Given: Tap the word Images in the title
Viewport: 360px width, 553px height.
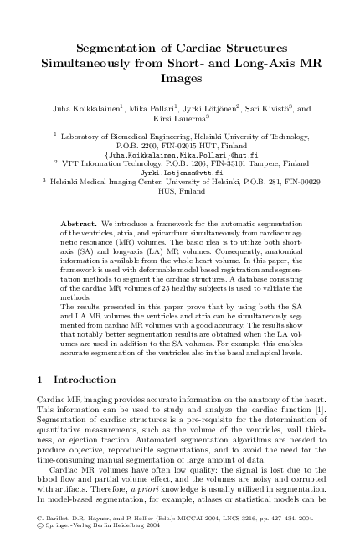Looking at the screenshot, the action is click(x=182, y=79).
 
